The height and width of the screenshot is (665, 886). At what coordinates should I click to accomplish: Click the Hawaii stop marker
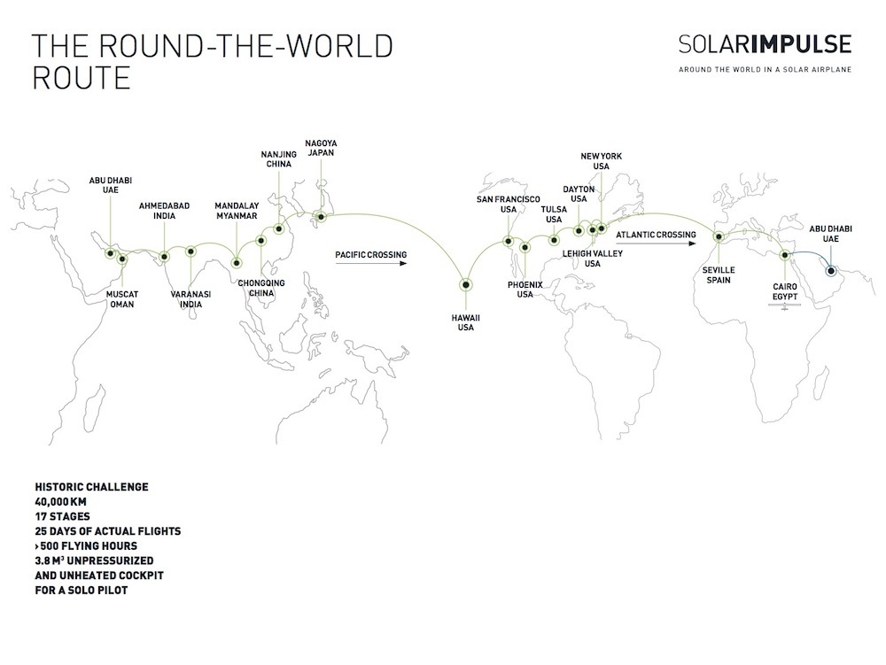(466, 285)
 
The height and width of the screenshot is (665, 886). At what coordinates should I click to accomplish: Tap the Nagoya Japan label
(321, 148)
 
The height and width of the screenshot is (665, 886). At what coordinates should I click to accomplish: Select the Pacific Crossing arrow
(371, 263)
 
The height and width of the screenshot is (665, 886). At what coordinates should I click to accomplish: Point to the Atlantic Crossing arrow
(656, 244)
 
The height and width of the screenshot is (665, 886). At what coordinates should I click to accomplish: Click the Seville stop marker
(719, 237)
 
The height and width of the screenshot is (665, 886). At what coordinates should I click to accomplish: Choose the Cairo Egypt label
(785, 291)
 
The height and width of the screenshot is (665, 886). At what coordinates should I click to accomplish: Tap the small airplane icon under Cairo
(784, 306)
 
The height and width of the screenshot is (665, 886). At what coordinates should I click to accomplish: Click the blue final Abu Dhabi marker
(831, 271)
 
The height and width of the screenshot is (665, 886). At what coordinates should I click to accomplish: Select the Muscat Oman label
(122, 299)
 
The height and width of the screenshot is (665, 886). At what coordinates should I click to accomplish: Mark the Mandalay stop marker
(237, 263)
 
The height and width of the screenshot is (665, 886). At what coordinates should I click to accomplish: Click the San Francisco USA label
(508, 204)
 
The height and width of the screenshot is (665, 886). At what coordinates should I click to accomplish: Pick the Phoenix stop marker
(525, 247)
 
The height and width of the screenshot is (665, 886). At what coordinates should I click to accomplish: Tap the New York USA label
(602, 161)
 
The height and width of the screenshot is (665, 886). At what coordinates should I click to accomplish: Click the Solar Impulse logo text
(766, 44)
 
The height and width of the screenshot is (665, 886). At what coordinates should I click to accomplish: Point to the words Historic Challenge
(91, 487)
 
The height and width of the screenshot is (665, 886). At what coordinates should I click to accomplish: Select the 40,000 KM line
(60, 501)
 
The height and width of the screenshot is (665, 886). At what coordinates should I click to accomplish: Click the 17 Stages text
(62, 516)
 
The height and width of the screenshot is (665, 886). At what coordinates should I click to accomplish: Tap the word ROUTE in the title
(82, 78)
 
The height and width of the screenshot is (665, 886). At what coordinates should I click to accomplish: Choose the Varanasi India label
(191, 299)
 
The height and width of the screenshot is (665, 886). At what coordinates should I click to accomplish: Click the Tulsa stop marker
(554, 241)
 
